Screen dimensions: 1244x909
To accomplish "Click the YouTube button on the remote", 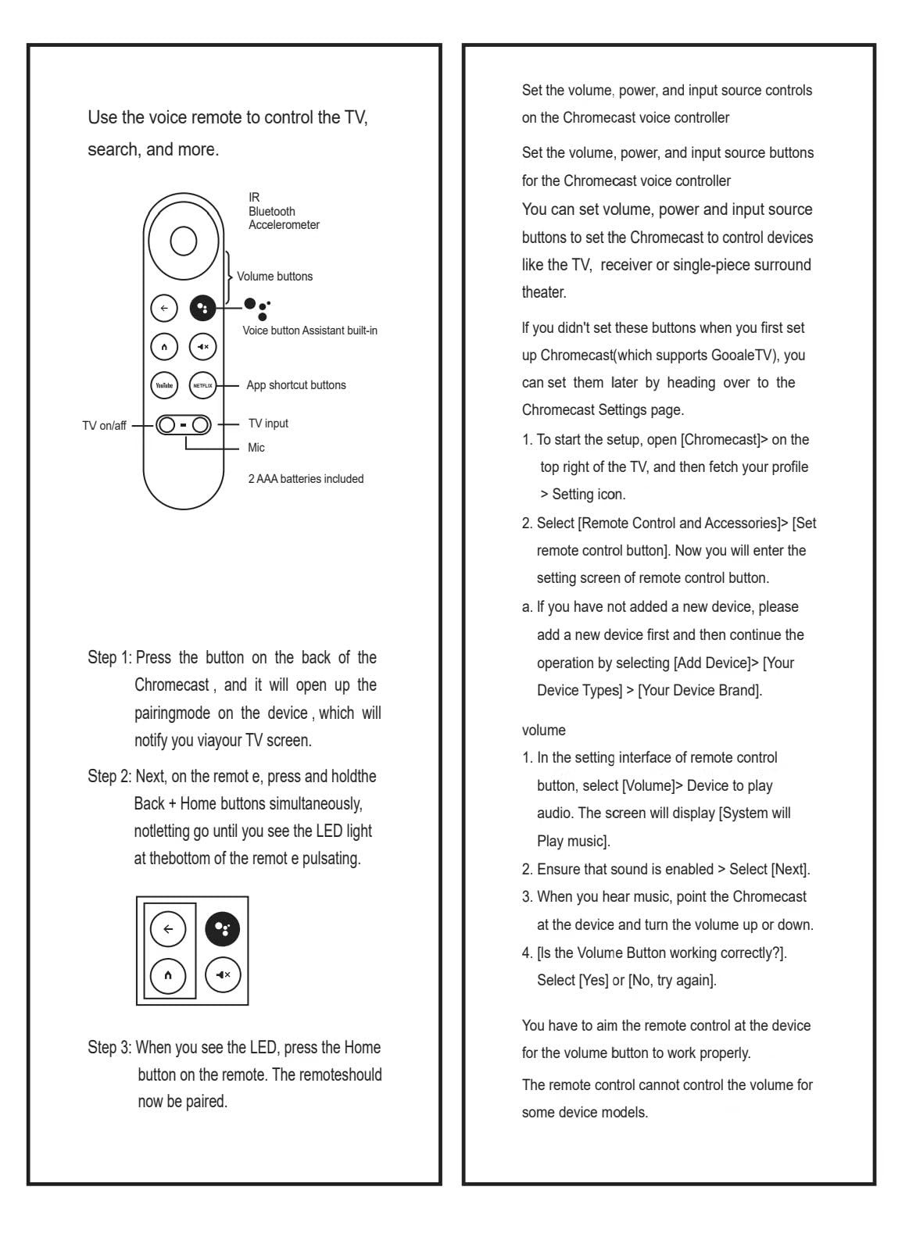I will coord(164,385).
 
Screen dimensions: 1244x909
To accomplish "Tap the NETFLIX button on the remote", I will coord(202,385).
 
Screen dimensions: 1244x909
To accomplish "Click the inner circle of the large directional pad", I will coord(183,241).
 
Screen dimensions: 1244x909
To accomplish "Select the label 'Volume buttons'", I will coord(274,277).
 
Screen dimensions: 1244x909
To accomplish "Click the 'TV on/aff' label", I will coord(104,426).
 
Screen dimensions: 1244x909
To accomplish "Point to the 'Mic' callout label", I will coord(256,448).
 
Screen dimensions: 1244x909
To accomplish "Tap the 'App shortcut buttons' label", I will coord(295,385).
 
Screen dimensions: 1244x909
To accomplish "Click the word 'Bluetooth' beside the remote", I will coord(272,211).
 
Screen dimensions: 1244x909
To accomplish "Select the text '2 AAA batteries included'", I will coord(306,479).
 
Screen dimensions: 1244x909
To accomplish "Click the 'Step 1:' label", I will coord(109,658).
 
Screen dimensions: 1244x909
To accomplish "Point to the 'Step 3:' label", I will coord(109,1048).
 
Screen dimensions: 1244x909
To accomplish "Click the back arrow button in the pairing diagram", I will coord(168,929).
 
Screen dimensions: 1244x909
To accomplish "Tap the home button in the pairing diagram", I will coord(168,974).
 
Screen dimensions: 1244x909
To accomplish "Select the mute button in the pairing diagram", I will coord(223,974).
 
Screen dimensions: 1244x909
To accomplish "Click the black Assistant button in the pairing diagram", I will coord(223,929).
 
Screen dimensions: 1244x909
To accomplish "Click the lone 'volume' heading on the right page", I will coord(544,730).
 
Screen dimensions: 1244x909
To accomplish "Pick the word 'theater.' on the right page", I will coord(544,292).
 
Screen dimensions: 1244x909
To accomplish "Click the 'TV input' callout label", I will coord(268,424).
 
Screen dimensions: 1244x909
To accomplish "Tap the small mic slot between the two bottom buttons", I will coord(183,425).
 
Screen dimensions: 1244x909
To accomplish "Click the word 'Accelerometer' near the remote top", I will coord(284,225).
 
